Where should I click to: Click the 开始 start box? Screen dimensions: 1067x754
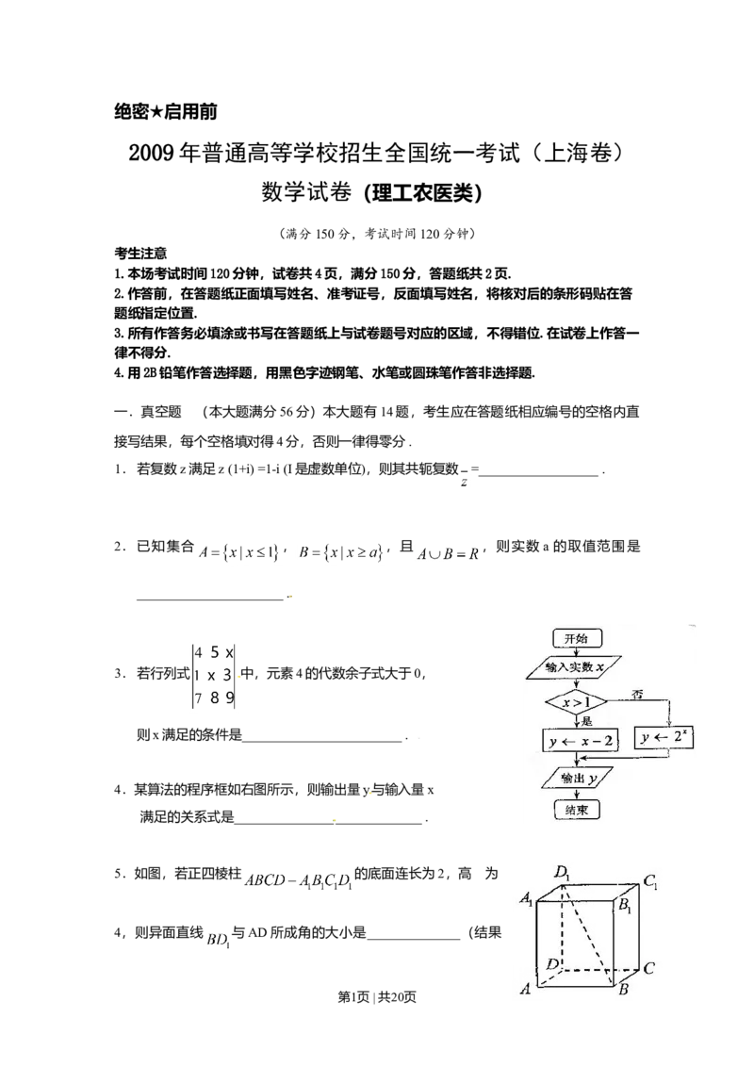(575, 638)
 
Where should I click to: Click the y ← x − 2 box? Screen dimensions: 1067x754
(581, 742)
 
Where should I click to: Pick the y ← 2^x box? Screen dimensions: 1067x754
(665, 739)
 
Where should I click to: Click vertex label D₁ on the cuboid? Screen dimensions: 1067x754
(563, 874)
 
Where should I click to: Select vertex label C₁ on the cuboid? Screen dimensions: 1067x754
(650, 883)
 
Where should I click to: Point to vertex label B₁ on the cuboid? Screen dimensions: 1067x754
(626, 906)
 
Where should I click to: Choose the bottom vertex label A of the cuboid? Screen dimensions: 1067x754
(524, 989)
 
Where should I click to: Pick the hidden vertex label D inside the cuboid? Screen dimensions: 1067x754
(553, 963)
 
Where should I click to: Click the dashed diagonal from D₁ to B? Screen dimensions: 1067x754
(592, 933)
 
